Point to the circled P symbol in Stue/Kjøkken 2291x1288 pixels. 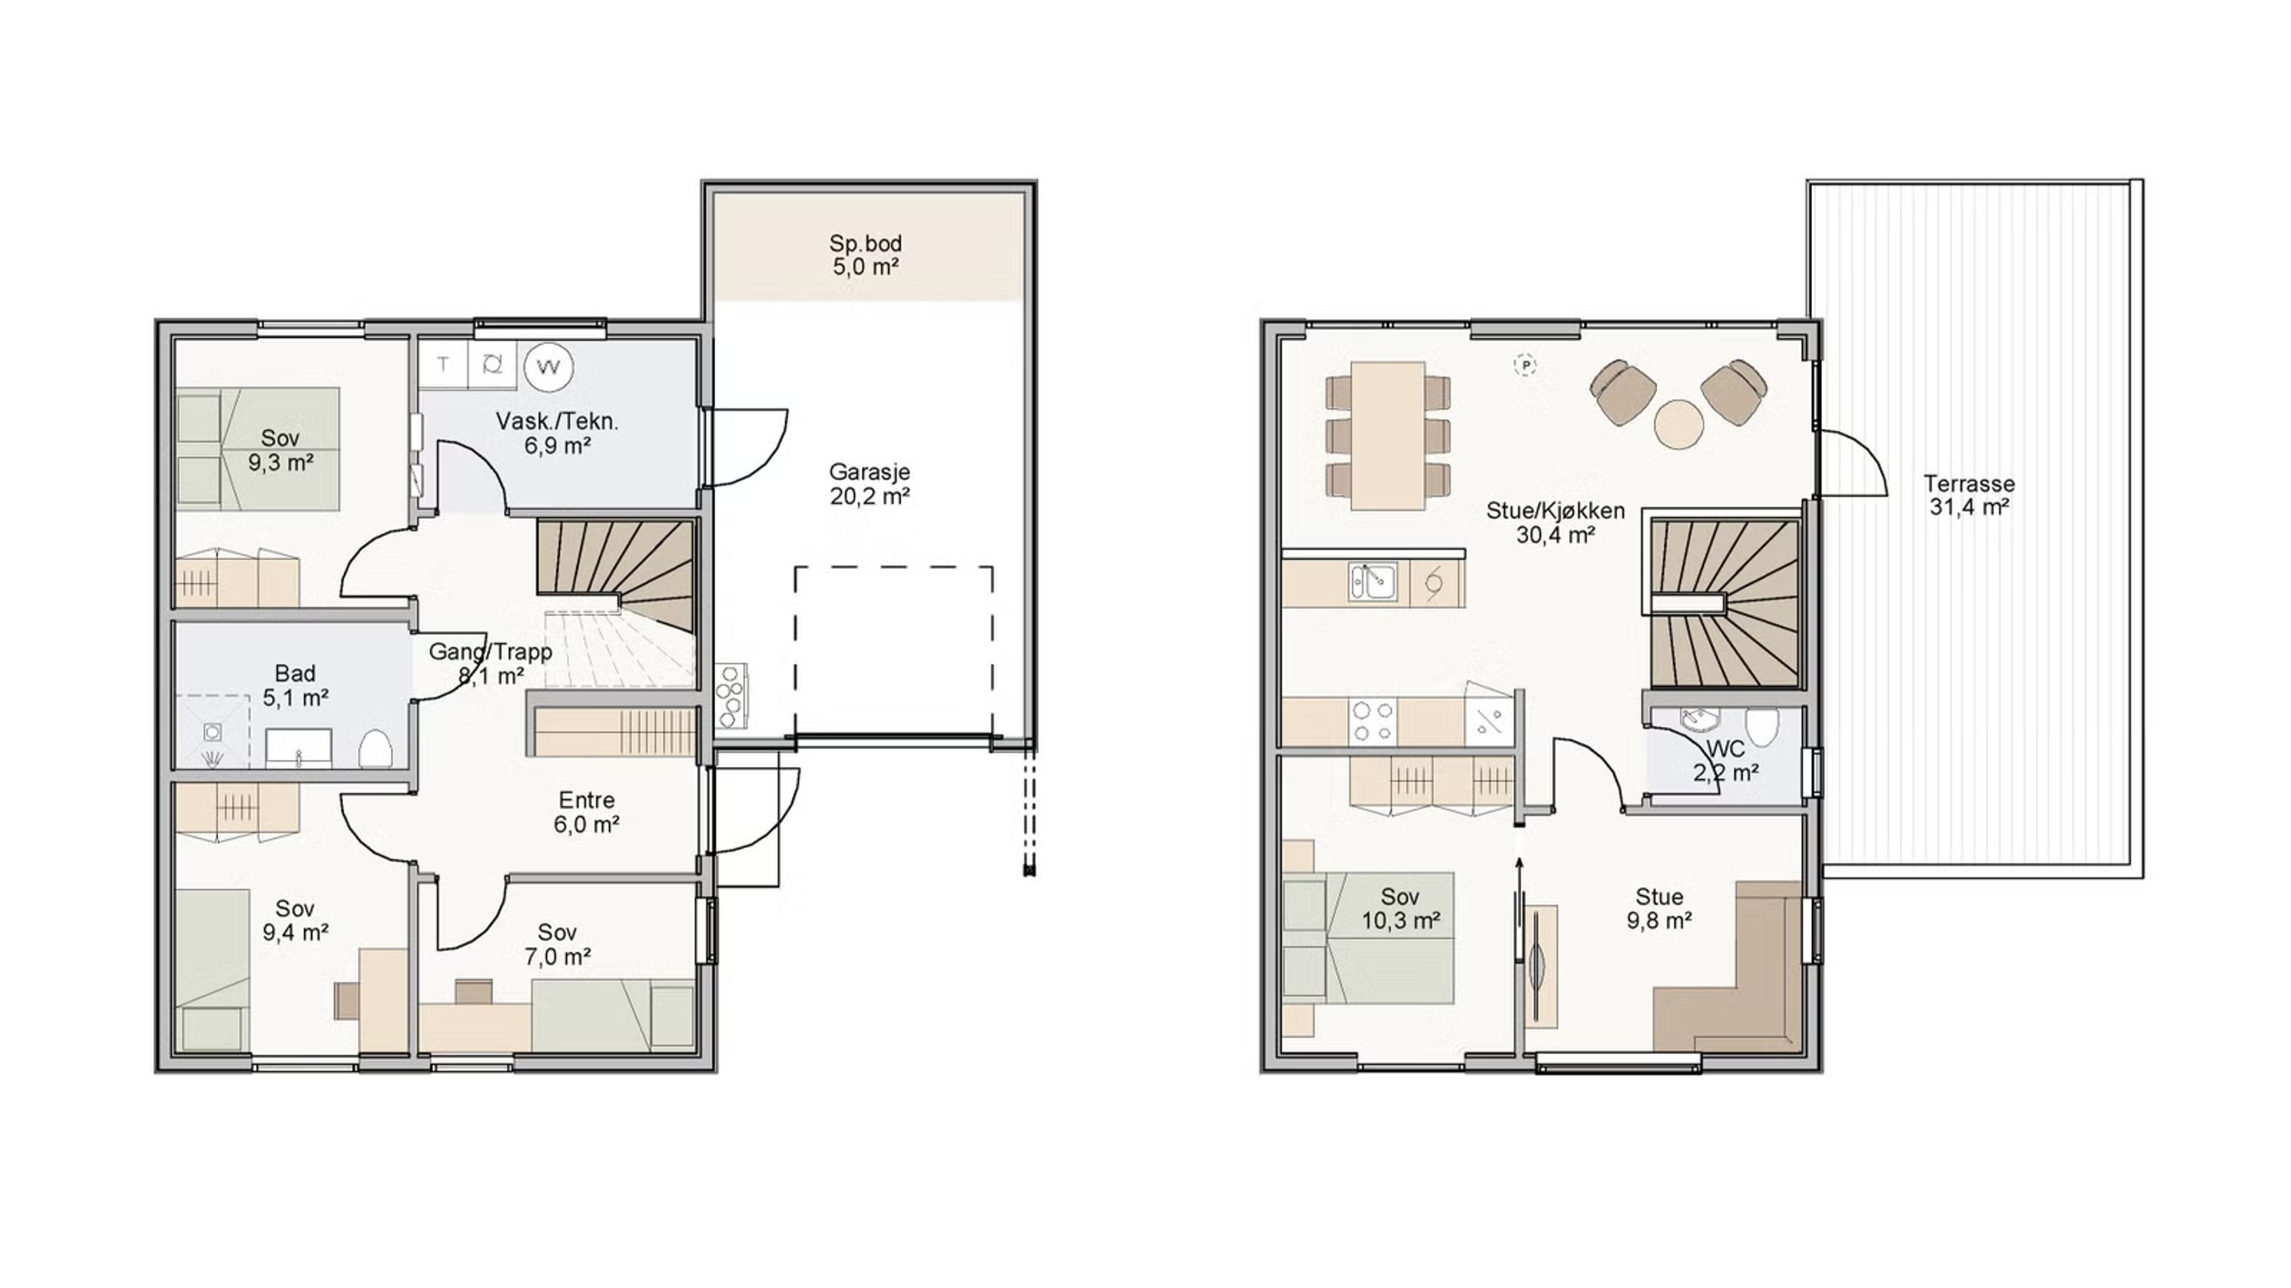point(1526,364)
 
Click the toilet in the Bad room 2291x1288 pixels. point(376,748)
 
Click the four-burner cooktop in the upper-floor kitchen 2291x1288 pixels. point(1372,721)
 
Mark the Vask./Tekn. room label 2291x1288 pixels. point(557,434)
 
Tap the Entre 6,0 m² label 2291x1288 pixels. point(586,812)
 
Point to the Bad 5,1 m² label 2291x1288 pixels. point(295,685)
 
